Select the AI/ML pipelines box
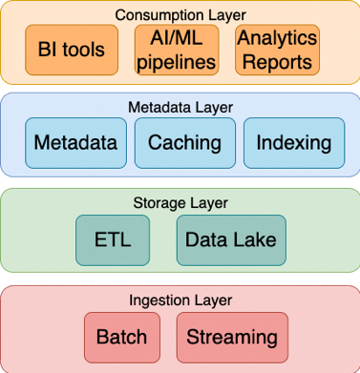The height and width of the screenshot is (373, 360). click(x=177, y=51)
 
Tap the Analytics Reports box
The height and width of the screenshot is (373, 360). click(x=276, y=51)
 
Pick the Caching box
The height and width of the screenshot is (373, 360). click(x=185, y=144)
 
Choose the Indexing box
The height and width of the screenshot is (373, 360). click(x=294, y=144)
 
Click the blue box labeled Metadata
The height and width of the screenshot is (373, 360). click(x=75, y=144)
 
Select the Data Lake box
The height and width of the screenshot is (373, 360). click(x=231, y=239)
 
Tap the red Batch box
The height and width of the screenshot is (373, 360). click(x=121, y=337)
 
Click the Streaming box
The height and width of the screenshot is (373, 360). click(x=232, y=337)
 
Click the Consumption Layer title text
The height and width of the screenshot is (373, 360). click(x=180, y=14)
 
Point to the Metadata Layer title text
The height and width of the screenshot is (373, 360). click(x=180, y=107)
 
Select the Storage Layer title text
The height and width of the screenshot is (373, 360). click(x=180, y=202)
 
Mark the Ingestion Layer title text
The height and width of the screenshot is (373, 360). click(x=180, y=300)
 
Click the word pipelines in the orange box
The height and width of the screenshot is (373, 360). click(x=177, y=62)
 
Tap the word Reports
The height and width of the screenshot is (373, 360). click(x=276, y=63)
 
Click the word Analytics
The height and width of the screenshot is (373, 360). click(x=276, y=40)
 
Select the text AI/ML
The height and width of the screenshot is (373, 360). click(x=177, y=39)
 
